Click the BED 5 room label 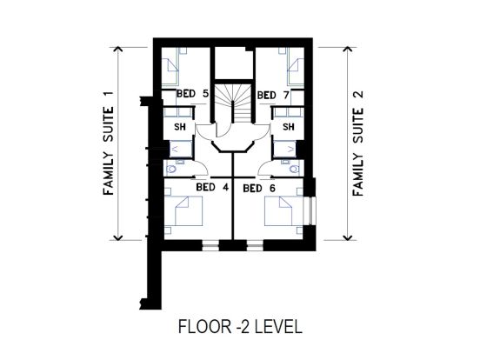click(x=192, y=93)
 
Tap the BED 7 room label click(x=273, y=95)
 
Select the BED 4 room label click(x=212, y=187)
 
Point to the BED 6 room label click(x=259, y=189)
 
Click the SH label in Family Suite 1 click(x=180, y=126)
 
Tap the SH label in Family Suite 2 click(x=289, y=126)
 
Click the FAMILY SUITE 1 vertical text click(x=109, y=143)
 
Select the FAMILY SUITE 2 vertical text click(x=357, y=143)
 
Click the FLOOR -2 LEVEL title click(x=240, y=326)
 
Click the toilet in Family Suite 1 click(x=171, y=169)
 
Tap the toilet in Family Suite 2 click(x=295, y=169)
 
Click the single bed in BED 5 click(x=170, y=66)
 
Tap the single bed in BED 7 click(x=296, y=66)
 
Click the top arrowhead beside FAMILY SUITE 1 click(x=118, y=49)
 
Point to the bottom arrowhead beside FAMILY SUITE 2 click(x=347, y=238)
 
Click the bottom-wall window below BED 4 click(x=210, y=245)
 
